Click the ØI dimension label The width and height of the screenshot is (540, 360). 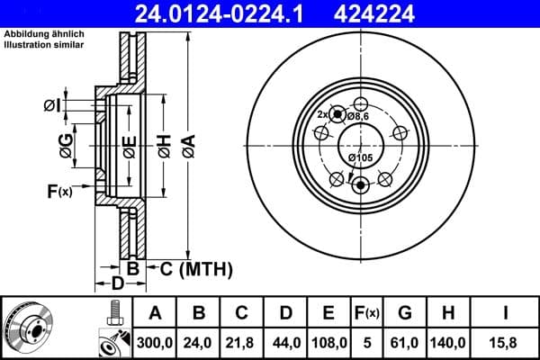point(51,107)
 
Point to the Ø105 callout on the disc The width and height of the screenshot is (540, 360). point(360,159)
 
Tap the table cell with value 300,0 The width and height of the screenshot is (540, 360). point(155,341)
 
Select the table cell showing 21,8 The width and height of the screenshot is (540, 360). point(241,341)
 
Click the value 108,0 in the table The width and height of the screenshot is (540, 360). point(328,341)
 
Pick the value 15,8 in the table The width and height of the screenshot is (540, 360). point(505,341)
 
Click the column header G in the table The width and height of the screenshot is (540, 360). point(405,314)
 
